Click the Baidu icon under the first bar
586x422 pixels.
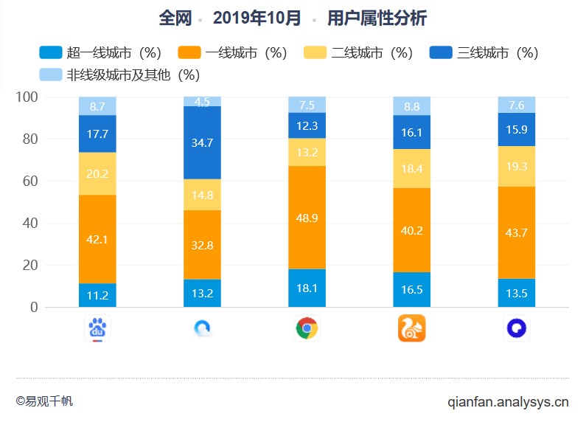click(97, 328)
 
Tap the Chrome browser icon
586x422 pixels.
click(307, 328)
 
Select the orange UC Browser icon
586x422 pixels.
click(411, 328)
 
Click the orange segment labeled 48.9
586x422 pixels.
click(307, 218)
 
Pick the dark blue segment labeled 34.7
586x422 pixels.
click(202, 142)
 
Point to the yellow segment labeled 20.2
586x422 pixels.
click(97, 173)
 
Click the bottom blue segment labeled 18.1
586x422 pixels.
click(307, 288)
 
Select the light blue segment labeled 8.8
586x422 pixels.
click(411, 106)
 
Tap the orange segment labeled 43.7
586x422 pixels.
click(517, 232)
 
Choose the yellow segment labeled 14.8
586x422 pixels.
click(202, 195)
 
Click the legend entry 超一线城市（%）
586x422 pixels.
click(100, 53)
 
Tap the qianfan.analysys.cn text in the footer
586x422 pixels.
click(508, 402)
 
